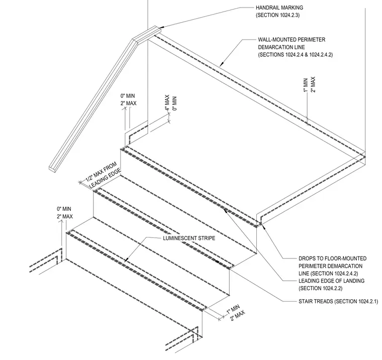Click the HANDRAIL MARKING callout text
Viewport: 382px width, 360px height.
279,8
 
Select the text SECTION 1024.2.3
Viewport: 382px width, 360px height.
278,15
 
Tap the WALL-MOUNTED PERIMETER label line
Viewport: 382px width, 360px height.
292,40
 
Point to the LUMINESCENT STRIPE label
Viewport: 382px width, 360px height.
189,238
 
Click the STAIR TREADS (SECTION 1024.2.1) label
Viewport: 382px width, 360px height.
338,302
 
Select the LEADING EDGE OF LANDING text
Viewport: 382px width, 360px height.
331,281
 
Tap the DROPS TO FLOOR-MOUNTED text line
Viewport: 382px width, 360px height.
333,259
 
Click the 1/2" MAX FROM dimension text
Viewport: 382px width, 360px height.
101,172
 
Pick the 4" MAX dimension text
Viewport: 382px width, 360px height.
167,103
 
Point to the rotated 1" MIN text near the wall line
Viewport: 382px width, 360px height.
306,85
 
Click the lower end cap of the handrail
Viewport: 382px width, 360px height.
52,169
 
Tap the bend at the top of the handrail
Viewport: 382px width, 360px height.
136,41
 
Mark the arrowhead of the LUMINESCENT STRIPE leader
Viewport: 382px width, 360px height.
126,261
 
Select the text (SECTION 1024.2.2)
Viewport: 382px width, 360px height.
320,288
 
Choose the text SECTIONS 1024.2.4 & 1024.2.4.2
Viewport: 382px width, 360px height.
295,55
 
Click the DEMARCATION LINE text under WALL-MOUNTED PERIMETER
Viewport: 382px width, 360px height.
281,47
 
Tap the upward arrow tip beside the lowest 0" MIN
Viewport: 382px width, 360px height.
62,220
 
